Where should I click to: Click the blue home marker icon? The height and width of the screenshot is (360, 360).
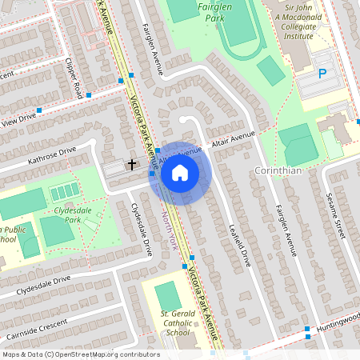180,172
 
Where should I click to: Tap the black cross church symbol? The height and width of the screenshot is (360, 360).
132,163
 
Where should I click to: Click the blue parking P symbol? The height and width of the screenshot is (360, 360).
323,73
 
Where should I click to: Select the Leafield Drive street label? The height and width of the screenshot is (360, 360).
237,243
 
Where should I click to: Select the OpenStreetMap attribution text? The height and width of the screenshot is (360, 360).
80,354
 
